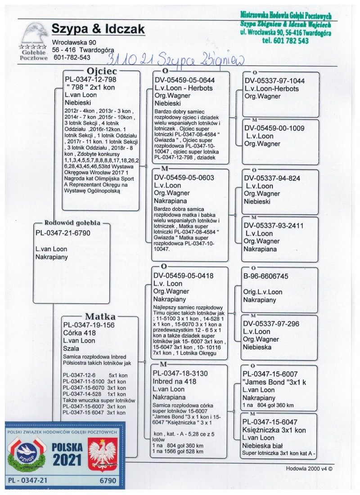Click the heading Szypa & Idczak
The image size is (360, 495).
tap(98, 29)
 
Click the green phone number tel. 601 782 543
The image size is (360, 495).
tap(285, 40)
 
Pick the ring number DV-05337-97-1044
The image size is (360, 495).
tap(274, 81)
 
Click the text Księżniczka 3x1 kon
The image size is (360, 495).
tap(274, 430)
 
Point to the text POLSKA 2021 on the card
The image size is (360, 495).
tap(67, 454)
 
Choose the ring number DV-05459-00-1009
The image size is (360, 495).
tap(274, 128)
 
